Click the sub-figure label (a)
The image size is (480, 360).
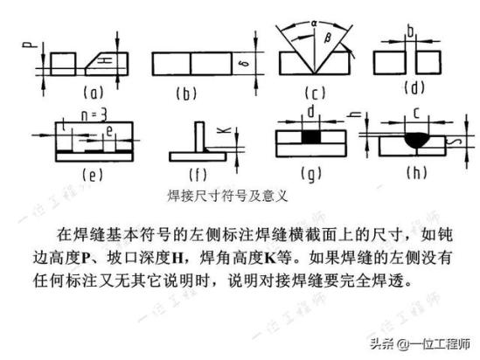click(x=94, y=93)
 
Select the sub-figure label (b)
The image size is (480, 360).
click(x=186, y=93)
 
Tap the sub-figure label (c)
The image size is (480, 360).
click(x=316, y=93)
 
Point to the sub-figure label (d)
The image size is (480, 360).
click(x=414, y=88)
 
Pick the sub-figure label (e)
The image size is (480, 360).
click(x=93, y=175)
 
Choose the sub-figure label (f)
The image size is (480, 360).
click(x=198, y=175)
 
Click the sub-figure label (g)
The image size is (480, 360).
click(x=311, y=175)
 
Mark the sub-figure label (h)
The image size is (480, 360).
click(x=416, y=173)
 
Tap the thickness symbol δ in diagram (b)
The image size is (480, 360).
click(x=245, y=64)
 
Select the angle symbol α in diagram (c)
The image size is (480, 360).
click(x=314, y=23)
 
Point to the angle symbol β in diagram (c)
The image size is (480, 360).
click(x=328, y=38)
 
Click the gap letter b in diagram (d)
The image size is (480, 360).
click(x=411, y=31)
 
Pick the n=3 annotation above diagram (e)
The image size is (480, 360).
click(x=94, y=115)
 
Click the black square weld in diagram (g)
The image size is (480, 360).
click(x=311, y=136)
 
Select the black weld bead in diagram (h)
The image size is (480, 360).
click(x=417, y=140)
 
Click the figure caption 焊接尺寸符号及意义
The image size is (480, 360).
click(x=227, y=196)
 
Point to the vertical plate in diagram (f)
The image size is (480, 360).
click(x=200, y=136)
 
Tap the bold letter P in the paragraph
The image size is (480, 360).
click(x=85, y=259)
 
